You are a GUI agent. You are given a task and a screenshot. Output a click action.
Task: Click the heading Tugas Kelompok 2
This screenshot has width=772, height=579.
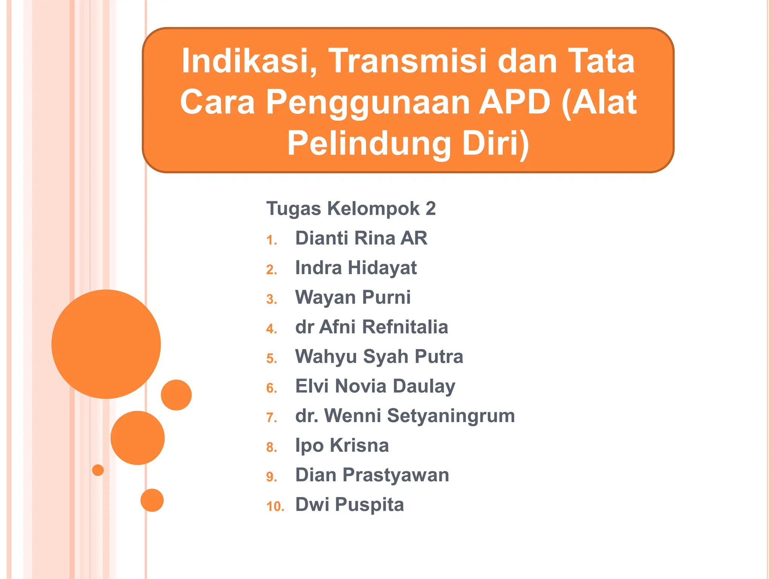[x=351, y=208]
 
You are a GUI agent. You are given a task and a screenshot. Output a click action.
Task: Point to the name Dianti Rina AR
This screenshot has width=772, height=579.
[x=361, y=238]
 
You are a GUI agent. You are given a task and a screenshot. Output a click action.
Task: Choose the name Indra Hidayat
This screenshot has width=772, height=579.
[x=356, y=268]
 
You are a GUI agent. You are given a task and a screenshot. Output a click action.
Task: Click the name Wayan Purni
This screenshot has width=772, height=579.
[x=353, y=297]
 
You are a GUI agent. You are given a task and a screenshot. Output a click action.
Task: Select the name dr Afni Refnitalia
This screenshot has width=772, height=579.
[x=372, y=327]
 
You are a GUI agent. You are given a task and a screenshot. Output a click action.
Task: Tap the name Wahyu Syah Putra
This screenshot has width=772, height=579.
[x=379, y=357]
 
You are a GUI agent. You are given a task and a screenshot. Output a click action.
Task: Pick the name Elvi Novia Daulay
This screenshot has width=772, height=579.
[x=375, y=386]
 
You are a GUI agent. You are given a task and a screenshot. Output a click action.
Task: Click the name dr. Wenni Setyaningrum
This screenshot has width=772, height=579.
[x=405, y=416]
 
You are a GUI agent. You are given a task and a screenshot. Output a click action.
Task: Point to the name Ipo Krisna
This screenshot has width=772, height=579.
[x=342, y=445]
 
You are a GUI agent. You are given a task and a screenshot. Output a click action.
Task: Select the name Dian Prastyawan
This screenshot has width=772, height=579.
[x=372, y=475]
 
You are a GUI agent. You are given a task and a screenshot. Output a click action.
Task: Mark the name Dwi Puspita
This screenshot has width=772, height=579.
[x=349, y=504]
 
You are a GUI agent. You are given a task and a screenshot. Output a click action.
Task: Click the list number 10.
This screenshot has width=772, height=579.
[x=275, y=506]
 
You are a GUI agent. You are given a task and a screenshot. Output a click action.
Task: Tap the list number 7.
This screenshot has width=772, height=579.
[x=271, y=418]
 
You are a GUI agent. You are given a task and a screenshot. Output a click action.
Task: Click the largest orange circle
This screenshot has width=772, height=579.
[x=106, y=344]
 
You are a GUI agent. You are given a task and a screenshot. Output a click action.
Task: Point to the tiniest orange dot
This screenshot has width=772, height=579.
[x=98, y=470]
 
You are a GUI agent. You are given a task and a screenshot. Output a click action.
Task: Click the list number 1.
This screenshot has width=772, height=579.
[x=271, y=240]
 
